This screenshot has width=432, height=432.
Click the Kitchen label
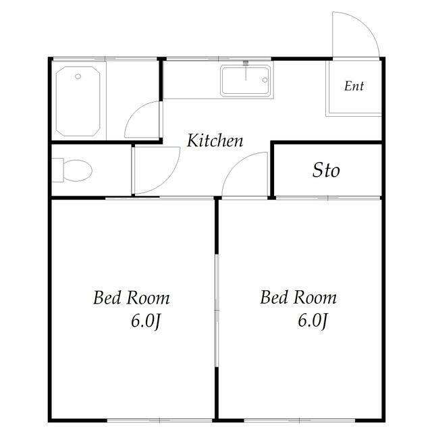(x=215, y=140)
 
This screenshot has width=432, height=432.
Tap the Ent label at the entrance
(x=354, y=86)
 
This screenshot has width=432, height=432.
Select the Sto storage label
(x=326, y=170)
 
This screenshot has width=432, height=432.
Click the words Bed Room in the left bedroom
(x=132, y=298)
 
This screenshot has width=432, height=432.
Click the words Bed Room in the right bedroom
(x=298, y=298)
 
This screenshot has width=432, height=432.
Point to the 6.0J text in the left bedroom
(x=146, y=321)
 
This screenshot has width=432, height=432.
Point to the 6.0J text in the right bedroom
(x=313, y=321)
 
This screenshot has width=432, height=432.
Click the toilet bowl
(x=78, y=170)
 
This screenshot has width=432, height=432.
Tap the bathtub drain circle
(x=78, y=76)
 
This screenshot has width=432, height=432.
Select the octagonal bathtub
(x=78, y=101)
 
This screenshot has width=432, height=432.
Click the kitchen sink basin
(x=246, y=80)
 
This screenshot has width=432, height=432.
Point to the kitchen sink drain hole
(x=265, y=80)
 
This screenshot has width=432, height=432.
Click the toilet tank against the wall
(x=57, y=170)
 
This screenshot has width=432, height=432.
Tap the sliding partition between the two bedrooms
(x=217, y=310)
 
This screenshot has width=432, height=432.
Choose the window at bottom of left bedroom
(x=159, y=421)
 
